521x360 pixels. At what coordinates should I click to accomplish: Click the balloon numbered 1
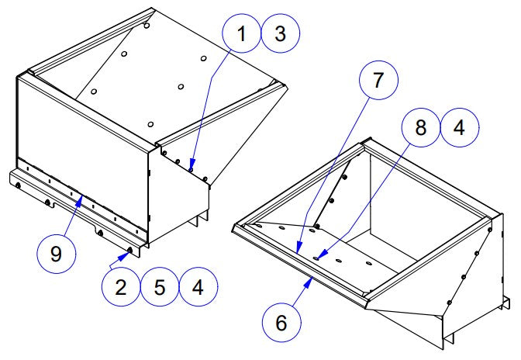[243, 35]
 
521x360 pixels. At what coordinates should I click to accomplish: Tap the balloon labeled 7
[378, 80]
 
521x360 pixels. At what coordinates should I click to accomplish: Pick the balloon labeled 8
[421, 129]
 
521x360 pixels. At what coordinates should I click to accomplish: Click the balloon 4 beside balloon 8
[459, 129]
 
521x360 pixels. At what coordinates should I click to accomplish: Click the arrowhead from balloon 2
[129, 251]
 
